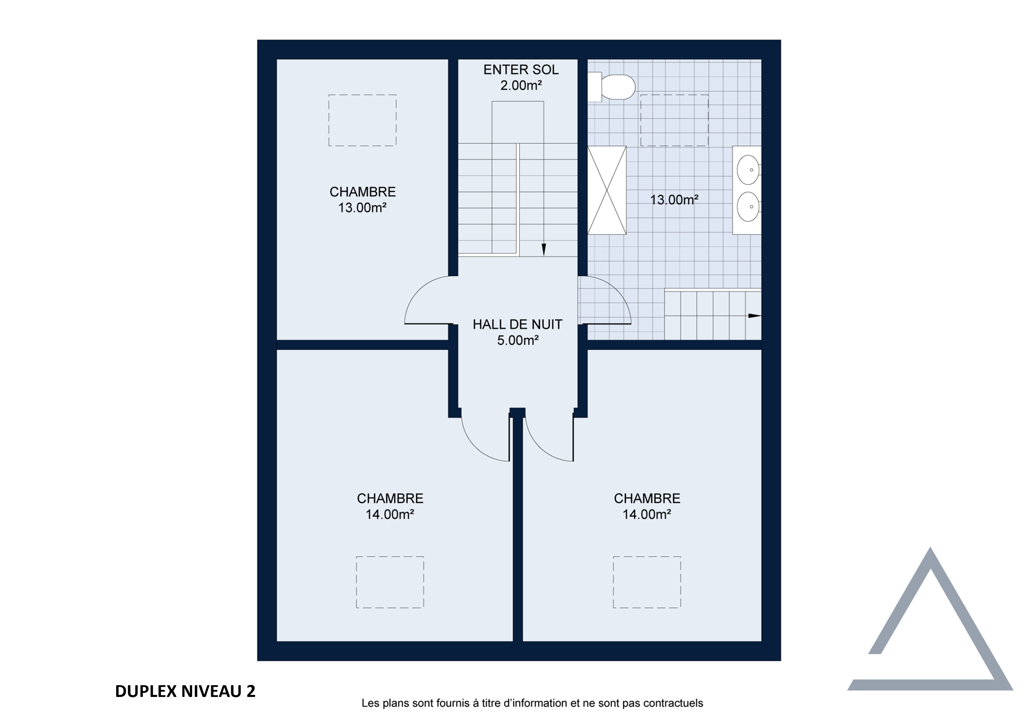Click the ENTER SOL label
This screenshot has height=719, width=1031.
[521, 70]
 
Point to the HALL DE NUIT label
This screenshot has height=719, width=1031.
[517, 325]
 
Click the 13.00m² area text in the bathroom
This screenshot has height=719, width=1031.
[674, 200]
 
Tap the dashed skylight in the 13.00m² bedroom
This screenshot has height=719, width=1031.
[362, 120]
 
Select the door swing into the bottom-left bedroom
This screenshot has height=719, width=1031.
[476, 447]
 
